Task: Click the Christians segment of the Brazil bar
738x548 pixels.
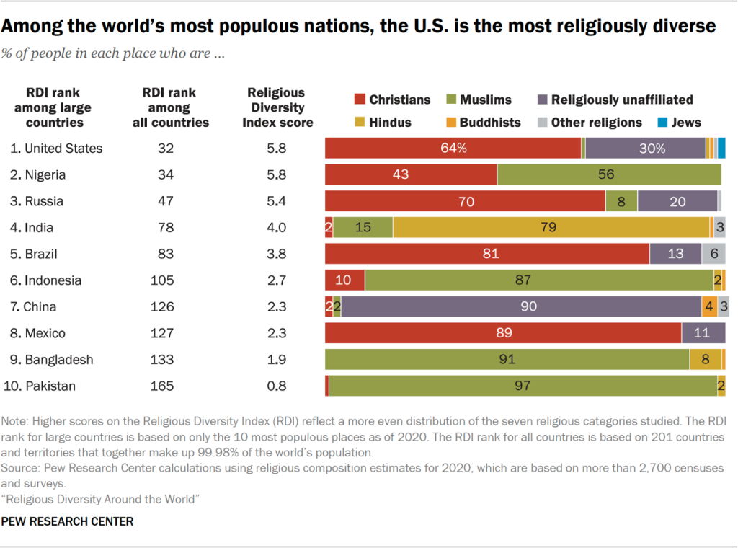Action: tap(487, 254)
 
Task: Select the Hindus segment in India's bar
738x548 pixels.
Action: tap(551, 228)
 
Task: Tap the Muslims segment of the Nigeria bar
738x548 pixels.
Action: tap(609, 174)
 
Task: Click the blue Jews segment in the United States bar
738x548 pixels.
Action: tap(721, 149)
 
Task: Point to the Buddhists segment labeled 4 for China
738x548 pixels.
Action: tap(709, 307)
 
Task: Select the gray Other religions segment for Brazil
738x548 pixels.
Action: tap(713, 254)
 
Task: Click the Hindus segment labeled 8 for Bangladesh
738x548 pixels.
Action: tap(706, 360)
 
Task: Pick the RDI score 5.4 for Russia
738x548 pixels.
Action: tap(275, 201)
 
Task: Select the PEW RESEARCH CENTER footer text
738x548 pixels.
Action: tap(67, 521)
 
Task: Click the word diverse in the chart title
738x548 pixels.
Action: tap(683, 26)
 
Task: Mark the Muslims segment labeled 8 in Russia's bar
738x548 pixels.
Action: tap(621, 201)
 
